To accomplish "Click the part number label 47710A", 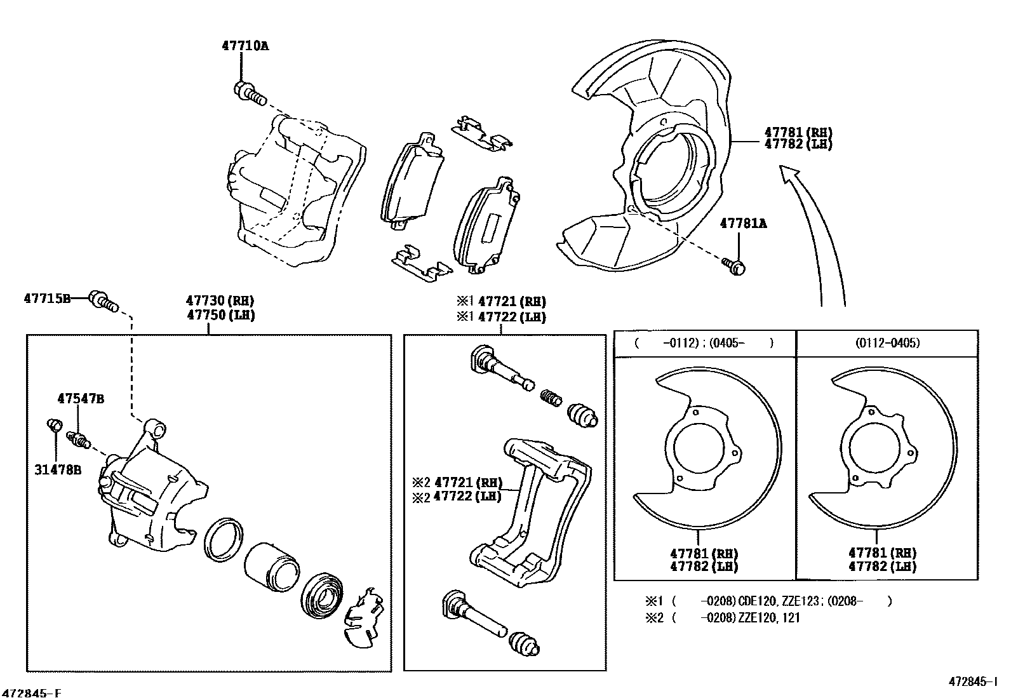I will click(245, 46).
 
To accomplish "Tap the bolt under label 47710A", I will click(249, 93).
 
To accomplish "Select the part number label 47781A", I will click(743, 224).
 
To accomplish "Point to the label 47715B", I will click(47, 297).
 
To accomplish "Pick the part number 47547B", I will click(81, 399).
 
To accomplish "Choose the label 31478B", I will click(58, 471).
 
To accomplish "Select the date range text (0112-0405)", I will click(887, 343).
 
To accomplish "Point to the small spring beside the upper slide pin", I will click(551, 399).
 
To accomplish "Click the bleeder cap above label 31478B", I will click(55, 424).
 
